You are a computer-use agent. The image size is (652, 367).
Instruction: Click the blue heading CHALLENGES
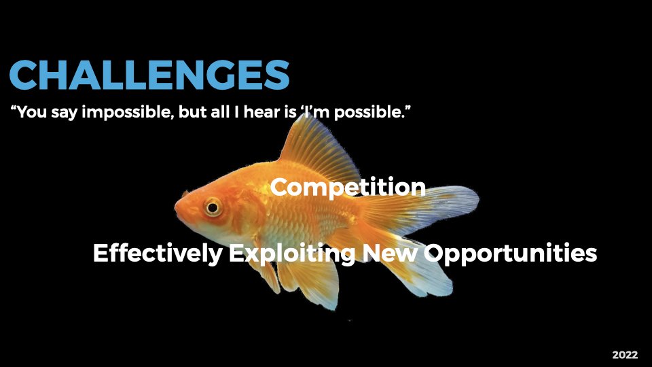tap(149, 75)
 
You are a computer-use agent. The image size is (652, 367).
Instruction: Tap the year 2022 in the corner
tap(625, 355)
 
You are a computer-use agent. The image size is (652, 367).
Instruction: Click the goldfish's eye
tap(213, 207)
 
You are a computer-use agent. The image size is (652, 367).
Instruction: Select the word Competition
tap(348, 187)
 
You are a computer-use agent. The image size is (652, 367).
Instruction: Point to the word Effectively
tap(157, 254)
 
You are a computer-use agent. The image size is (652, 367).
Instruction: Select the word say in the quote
tap(65, 112)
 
